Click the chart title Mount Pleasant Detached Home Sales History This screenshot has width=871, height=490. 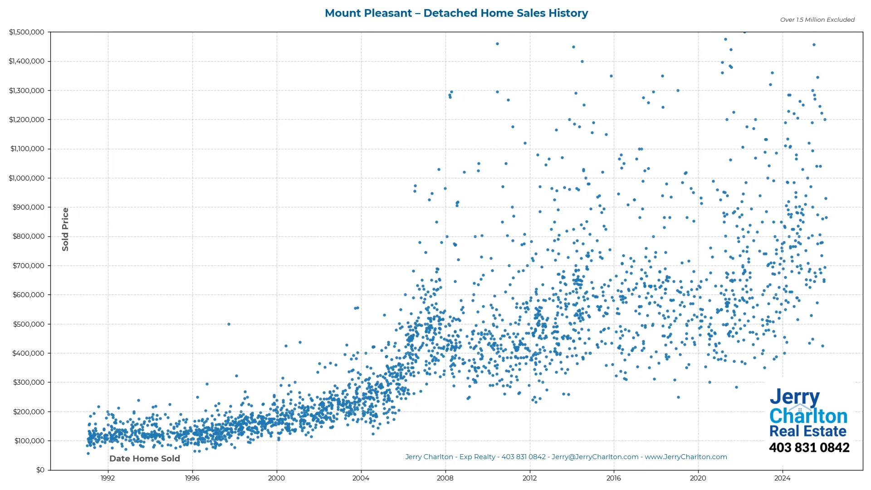tap(456, 13)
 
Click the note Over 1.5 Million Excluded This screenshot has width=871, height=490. tap(817, 20)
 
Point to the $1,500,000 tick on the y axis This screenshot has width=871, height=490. tap(27, 32)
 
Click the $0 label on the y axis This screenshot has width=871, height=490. tap(40, 470)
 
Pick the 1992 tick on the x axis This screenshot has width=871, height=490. tap(108, 478)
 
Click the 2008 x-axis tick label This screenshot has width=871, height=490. tap(445, 478)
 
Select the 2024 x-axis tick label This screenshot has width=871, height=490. tap(782, 478)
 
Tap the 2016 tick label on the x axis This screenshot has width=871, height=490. tap(613, 478)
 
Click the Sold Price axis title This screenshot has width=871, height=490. tap(65, 229)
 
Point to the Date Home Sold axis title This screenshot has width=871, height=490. tap(145, 459)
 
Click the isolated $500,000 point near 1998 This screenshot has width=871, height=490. tap(229, 324)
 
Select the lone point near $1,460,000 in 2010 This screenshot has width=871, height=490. tap(497, 44)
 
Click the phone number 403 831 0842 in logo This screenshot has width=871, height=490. tap(809, 448)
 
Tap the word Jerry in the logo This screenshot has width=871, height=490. tap(794, 397)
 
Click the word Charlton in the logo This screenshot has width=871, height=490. tap(808, 416)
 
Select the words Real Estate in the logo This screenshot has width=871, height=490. tap(807, 431)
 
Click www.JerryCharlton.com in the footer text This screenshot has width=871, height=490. tap(686, 457)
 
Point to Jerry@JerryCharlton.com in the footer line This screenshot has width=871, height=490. tap(595, 457)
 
